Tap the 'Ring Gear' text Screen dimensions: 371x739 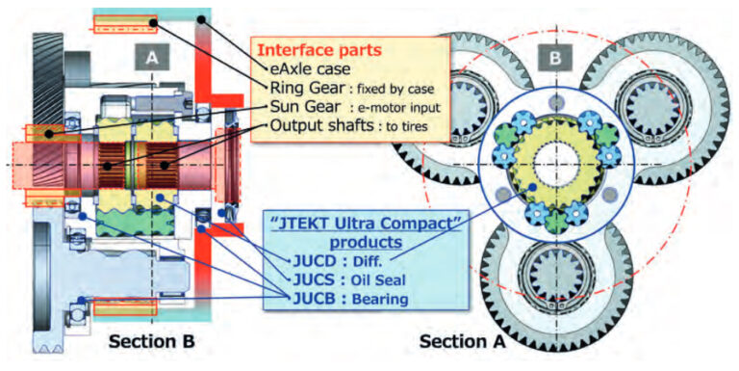(x=298, y=89)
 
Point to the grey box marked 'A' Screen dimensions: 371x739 (x=151, y=60)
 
